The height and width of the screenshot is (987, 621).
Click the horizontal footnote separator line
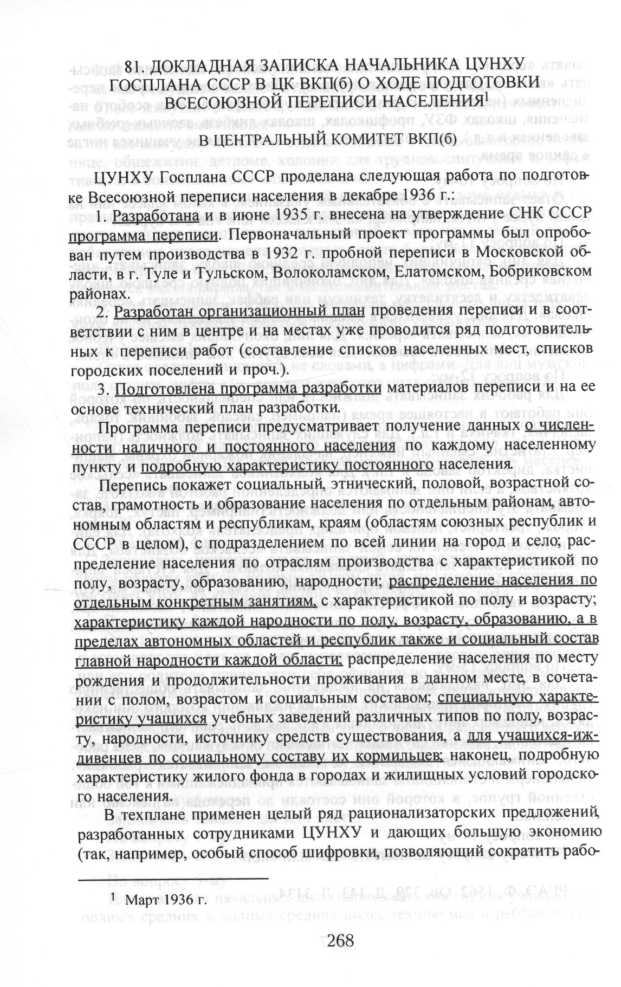173,876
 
